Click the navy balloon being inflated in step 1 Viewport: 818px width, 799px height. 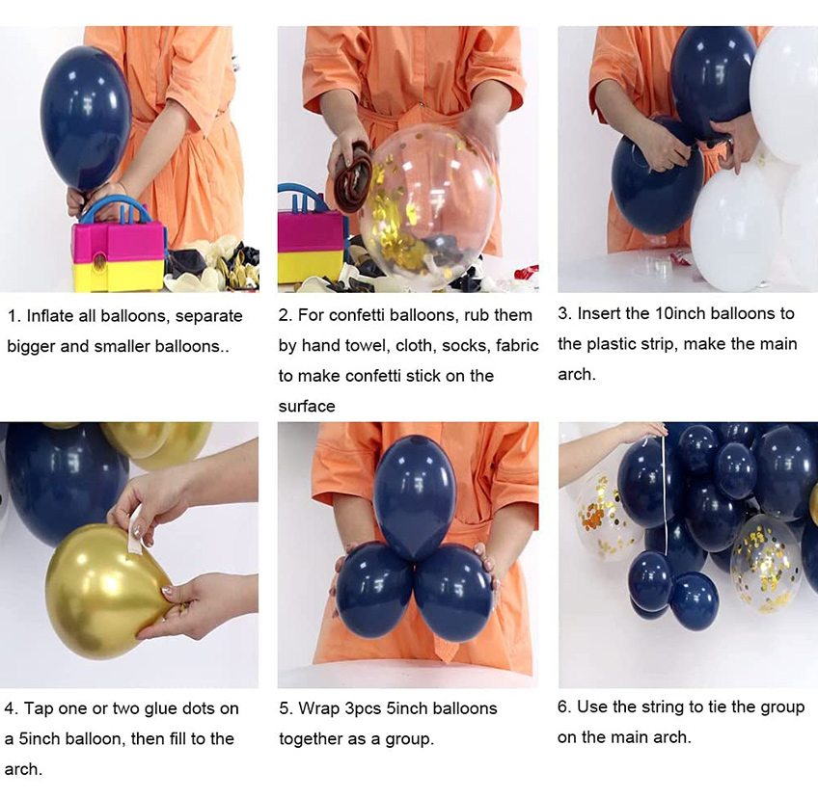86,118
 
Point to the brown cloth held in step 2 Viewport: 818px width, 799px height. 353,176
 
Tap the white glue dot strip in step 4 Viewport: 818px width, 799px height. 136,528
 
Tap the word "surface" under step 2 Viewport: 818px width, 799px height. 307,406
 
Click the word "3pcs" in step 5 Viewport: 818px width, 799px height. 363,708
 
